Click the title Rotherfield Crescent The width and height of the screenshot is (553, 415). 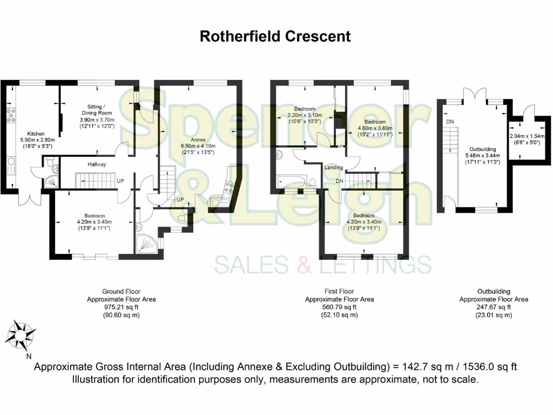(275, 36)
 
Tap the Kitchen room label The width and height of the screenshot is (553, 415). (36, 133)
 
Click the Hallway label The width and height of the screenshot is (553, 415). (97, 164)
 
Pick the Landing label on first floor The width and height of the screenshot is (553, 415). (333, 168)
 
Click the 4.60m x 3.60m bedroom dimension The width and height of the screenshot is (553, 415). (375, 129)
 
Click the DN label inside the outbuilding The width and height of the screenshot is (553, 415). (450, 122)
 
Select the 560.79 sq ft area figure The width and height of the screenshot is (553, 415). (339, 307)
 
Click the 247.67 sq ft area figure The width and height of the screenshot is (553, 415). (494, 307)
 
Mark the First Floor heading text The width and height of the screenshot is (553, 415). (339, 291)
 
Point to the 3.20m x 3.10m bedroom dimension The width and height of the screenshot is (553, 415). (305, 116)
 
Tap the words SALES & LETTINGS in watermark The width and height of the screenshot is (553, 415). (323, 265)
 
